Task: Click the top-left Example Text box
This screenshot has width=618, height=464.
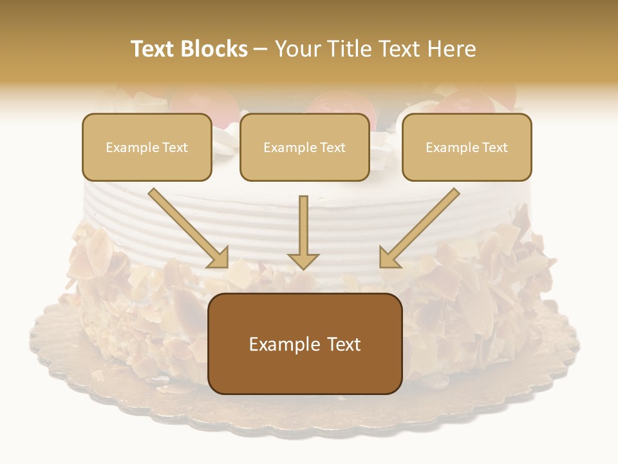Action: [147, 147]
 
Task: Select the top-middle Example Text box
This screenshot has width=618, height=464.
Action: [304, 147]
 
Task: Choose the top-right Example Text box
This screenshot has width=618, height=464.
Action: [467, 147]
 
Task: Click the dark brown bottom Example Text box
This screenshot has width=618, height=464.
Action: [305, 343]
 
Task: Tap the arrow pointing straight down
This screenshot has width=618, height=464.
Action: [303, 229]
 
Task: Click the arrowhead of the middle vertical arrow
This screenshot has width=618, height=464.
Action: [303, 260]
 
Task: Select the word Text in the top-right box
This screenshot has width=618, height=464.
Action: [494, 148]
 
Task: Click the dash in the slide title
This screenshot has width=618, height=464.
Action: [261, 50]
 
